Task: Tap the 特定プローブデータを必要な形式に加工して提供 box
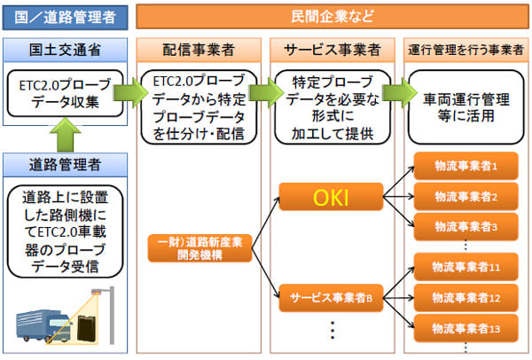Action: pyautogui.click(x=329, y=107)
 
